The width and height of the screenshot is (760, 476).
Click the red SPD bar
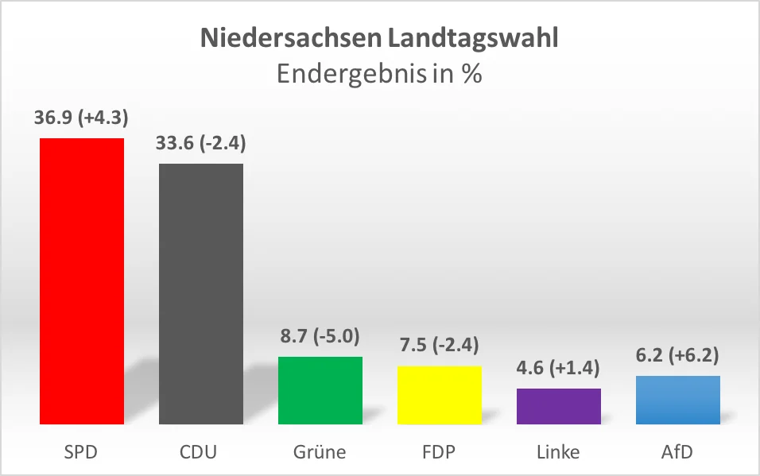pyautogui.click(x=82, y=281)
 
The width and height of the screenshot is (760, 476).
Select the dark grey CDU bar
pyautogui.click(x=201, y=294)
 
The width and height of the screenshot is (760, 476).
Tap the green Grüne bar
pyautogui.click(x=320, y=390)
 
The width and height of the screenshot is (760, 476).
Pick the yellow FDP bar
pyautogui.click(x=440, y=395)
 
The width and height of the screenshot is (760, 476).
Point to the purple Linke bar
pyautogui.click(x=559, y=406)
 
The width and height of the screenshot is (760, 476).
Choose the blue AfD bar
pyautogui.click(x=678, y=400)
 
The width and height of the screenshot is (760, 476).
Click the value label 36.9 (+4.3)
pyautogui.click(x=82, y=118)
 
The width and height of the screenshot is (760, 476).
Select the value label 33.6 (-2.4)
pyautogui.click(x=201, y=143)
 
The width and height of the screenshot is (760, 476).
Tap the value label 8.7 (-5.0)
pyautogui.click(x=320, y=336)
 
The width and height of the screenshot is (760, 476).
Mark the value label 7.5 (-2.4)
pyautogui.click(x=440, y=346)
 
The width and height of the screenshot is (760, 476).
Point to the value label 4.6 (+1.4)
pyautogui.click(x=559, y=368)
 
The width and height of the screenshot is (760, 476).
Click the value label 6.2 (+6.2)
pyautogui.click(x=678, y=355)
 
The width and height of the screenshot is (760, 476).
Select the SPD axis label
pyautogui.click(x=82, y=453)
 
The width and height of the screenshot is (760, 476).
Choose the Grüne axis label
pyautogui.click(x=320, y=453)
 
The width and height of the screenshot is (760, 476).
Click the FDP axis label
pyautogui.click(x=440, y=453)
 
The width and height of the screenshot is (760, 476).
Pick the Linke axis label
pyautogui.click(x=559, y=453)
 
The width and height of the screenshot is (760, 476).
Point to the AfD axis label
pyautogui.click(x=678, y=453)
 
